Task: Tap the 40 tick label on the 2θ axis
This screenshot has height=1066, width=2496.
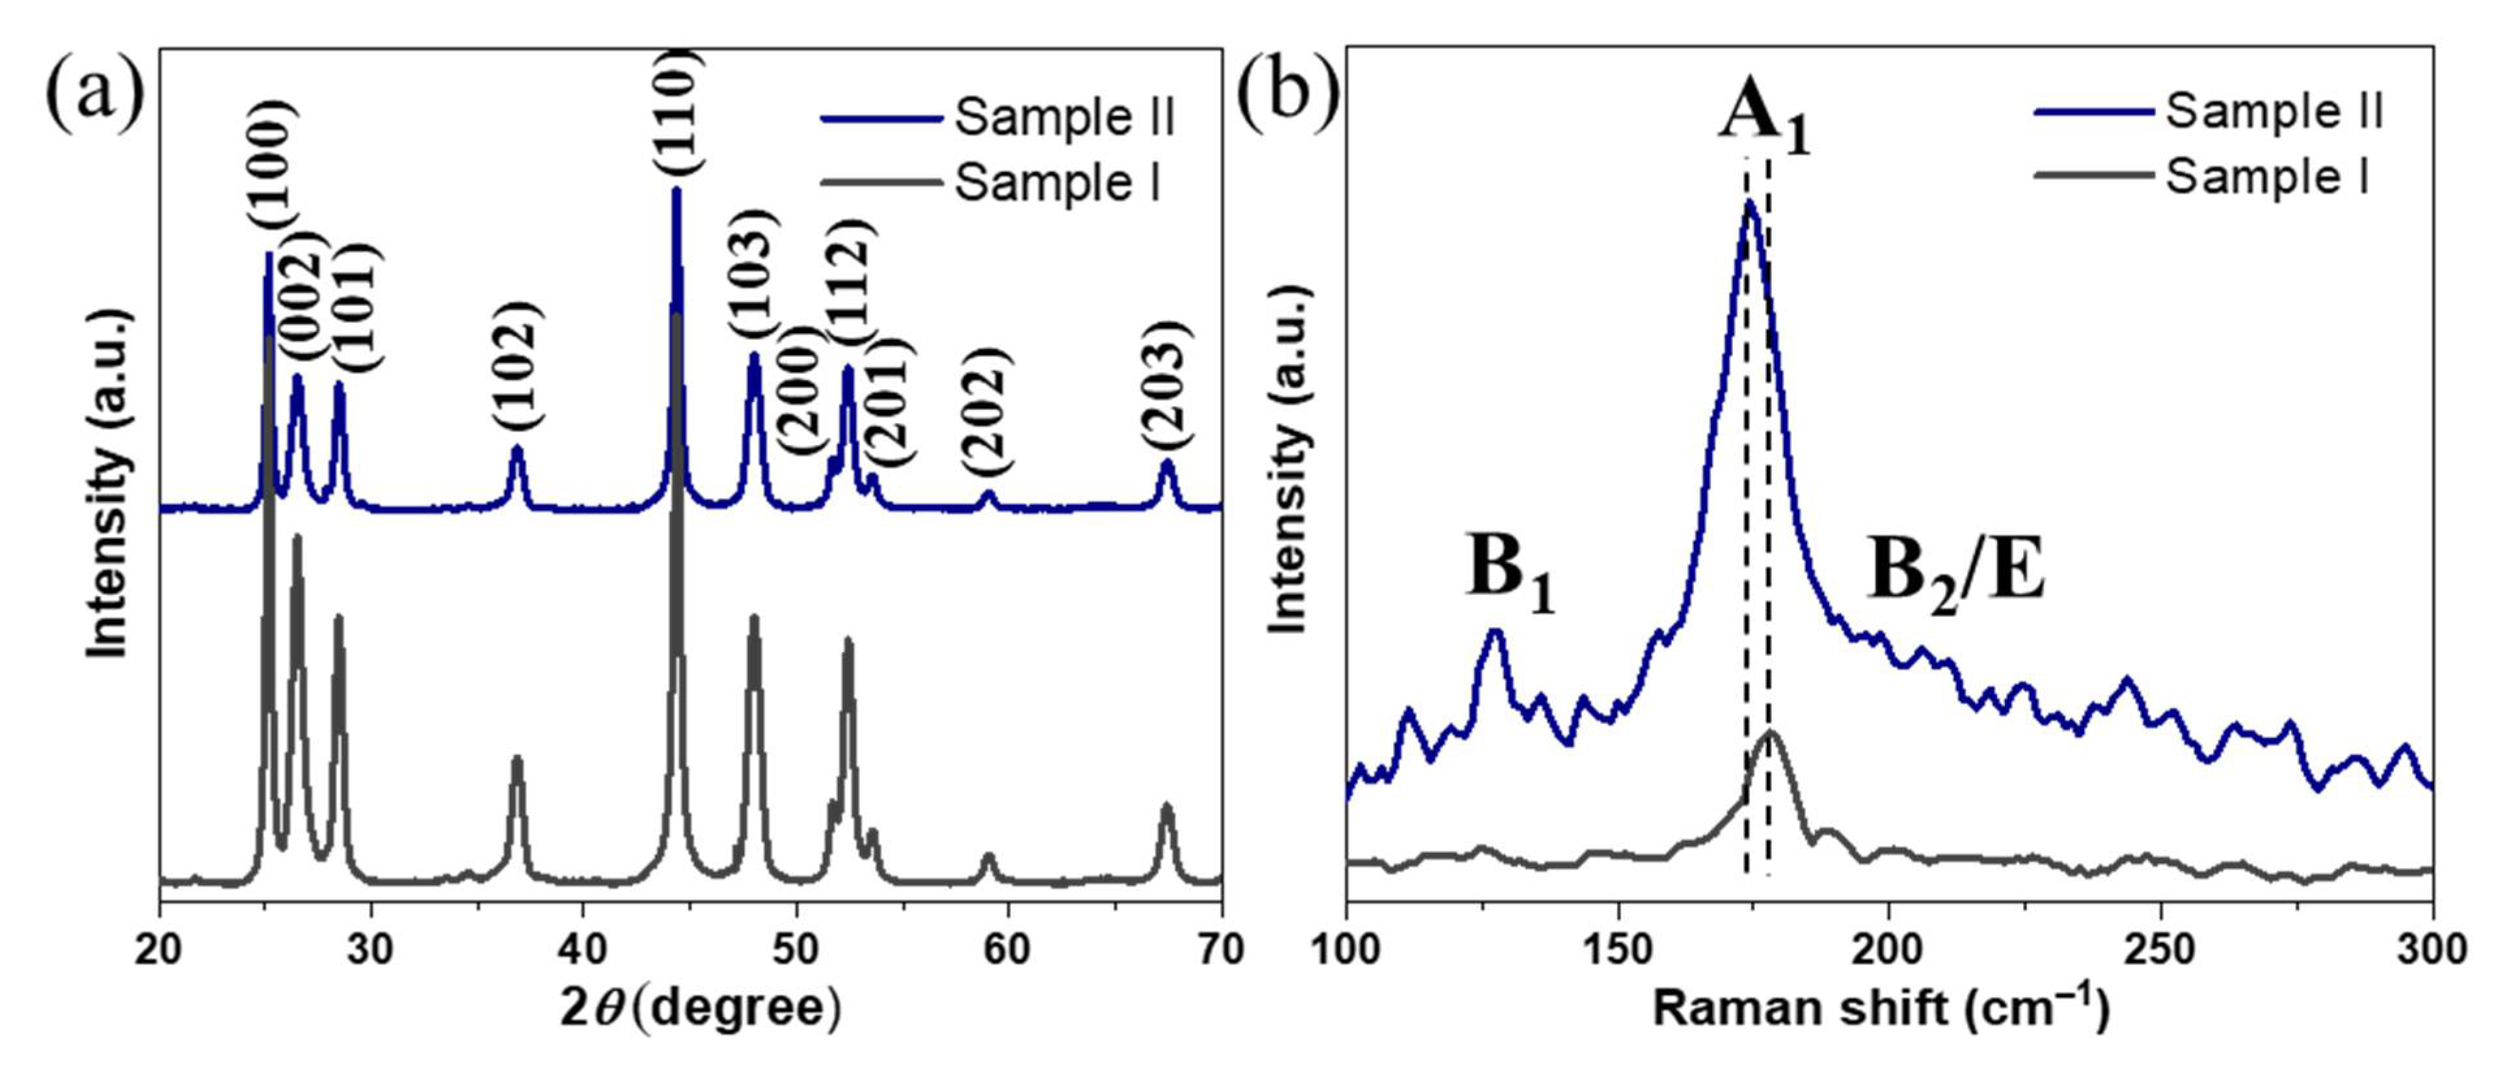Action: click(x=584, y=950)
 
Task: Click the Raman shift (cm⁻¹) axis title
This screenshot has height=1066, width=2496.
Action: click(x=1881, y=1009)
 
